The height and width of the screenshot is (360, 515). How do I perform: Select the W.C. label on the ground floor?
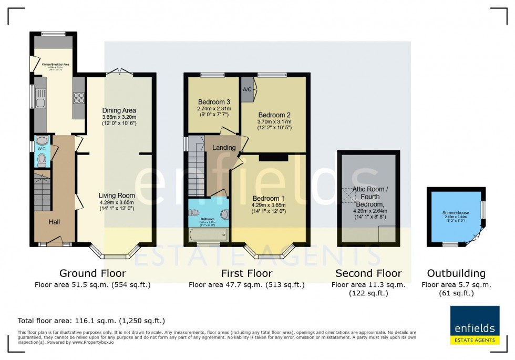coord(42,149)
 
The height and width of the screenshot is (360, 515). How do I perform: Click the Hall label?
coord(55,222)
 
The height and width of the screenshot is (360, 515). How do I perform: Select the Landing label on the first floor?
coord(224,148)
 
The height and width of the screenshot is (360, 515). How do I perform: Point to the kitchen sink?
coord(40,96)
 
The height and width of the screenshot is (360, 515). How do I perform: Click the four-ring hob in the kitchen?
coord(79,98)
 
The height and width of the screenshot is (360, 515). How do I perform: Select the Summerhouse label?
coord(455,213)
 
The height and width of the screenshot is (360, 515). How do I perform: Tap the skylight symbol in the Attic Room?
coord(348,196)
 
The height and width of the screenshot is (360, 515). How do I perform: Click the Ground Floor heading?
coord(92,273)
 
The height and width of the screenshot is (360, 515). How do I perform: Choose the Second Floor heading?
coord(368,273)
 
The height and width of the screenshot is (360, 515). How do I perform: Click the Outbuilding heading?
coord(456,273)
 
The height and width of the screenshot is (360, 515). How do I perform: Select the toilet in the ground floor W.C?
coord(41,159)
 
